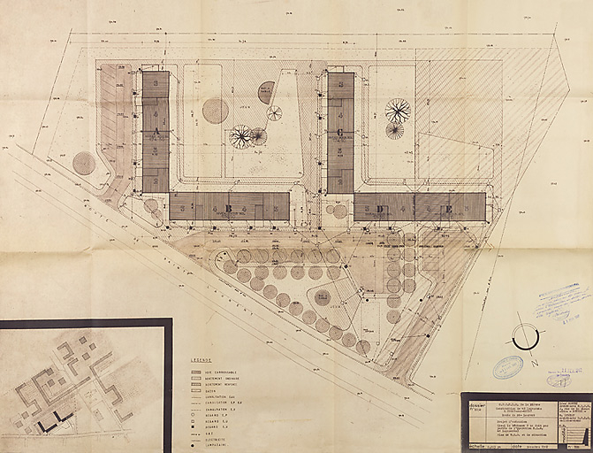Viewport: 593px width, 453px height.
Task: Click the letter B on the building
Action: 229,209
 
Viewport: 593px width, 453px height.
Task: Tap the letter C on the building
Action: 339,133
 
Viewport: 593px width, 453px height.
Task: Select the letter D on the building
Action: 381,209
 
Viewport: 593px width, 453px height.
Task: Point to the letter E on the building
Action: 448,209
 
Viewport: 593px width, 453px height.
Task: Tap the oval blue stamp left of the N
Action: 508,367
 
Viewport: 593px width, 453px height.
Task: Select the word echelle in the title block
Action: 472,447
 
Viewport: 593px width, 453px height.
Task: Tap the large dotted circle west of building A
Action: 85,163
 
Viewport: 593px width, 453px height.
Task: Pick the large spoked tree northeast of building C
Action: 398,111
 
